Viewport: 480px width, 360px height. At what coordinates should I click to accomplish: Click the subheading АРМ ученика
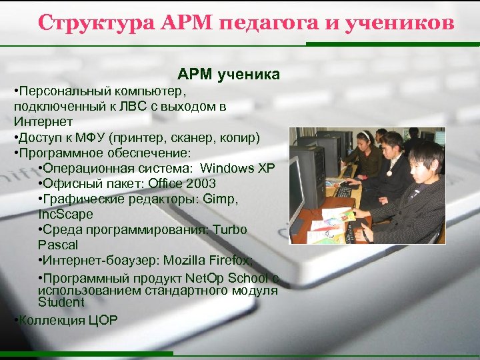[x=228, y=73]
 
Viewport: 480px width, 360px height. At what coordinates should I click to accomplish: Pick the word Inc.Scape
[x=65, y=215]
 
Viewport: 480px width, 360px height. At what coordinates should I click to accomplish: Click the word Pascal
[x=58, y=245]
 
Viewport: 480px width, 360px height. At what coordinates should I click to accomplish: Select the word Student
[x=61, y=302]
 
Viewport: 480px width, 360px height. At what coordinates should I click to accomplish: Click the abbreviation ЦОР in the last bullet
[x=103, y=320]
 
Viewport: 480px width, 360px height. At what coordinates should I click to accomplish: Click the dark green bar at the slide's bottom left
[x=87, y=353]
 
